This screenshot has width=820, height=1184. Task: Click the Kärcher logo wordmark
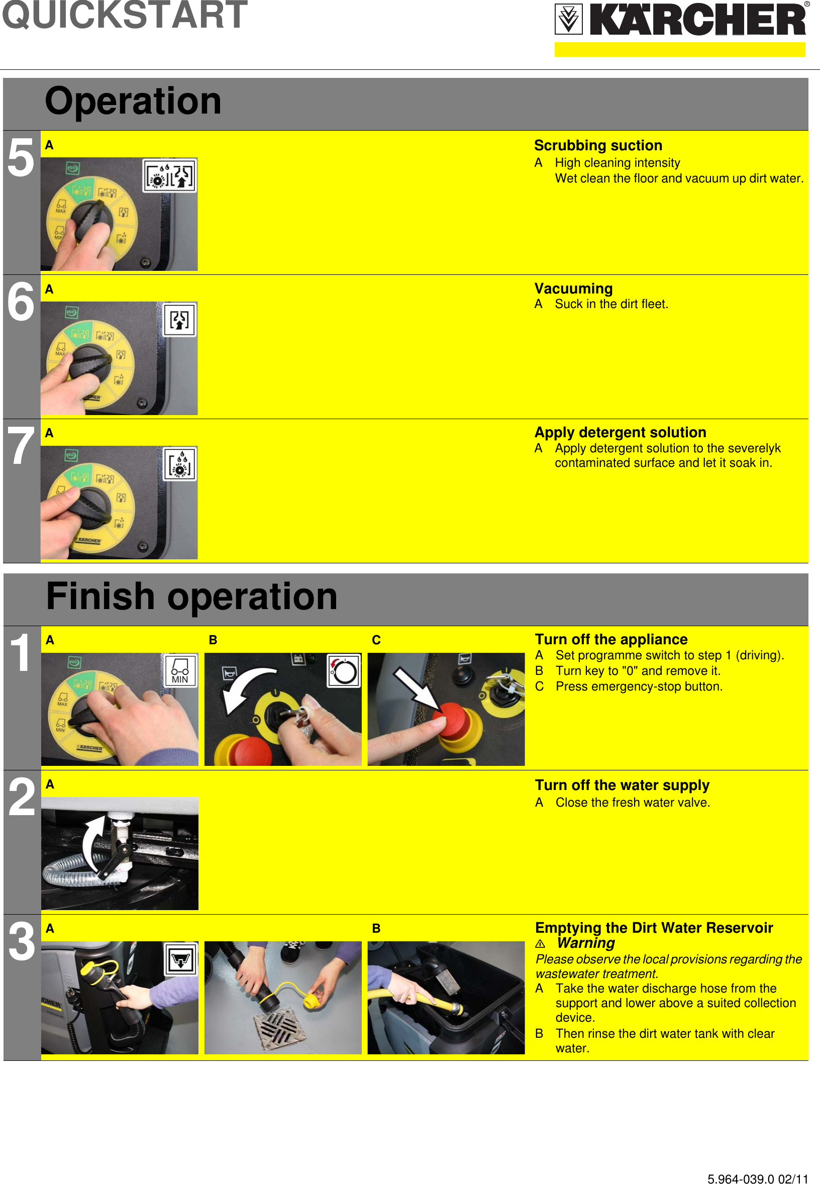(697, 20)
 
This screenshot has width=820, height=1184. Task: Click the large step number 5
(21, 159)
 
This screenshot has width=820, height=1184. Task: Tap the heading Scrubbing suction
(597, 145)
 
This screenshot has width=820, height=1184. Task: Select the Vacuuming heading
(573, 288)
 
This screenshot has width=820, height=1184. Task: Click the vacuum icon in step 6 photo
(179, 320)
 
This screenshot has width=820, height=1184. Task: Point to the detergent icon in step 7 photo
(179, 463)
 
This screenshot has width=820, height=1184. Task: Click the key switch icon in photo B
(344, 671)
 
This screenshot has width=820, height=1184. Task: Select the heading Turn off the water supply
(622, 785)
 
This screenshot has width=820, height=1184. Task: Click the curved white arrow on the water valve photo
(92, 843)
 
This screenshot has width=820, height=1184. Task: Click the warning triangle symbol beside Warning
(540, 944)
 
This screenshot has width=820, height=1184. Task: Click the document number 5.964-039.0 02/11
(757, 1175)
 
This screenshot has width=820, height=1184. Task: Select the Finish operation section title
(191, 597)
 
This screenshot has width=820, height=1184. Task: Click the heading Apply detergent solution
(620, 432)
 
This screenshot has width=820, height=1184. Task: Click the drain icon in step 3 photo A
(180, 959)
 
